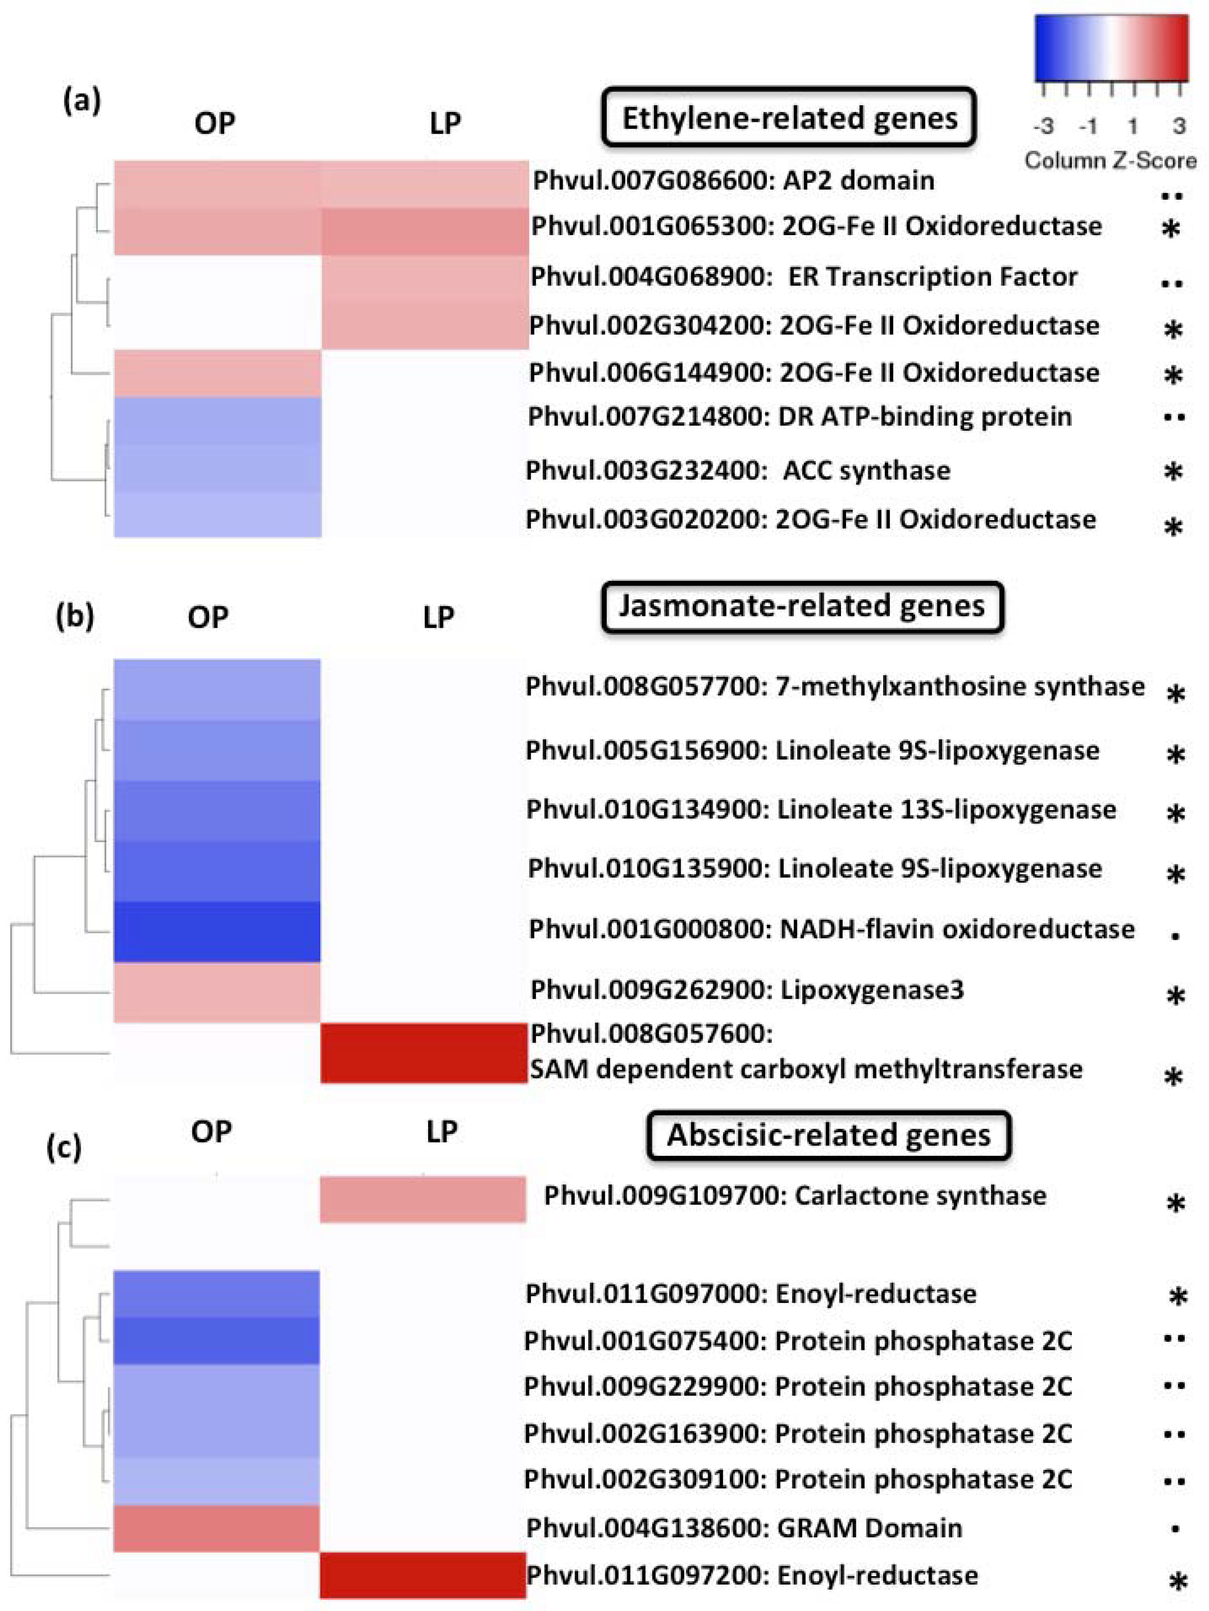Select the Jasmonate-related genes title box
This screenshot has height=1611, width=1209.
coord(801,606)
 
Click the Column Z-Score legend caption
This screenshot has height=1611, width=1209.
coord(1109,160)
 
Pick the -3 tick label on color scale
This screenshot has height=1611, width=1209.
coord(1043,127)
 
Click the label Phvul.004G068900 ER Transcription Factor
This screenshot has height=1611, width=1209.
coord(803,277)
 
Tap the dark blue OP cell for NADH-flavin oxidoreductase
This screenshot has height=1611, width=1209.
coord(217,932)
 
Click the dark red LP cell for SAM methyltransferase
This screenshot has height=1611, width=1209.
coord(424,1053)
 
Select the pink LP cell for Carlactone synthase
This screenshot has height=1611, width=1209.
coord(423,1198)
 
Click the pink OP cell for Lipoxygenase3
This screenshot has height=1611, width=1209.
coord(217,992)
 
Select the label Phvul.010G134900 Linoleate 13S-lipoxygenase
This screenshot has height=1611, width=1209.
coord(821,809)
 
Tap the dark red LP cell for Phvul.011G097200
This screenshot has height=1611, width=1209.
coord(423,1575)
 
